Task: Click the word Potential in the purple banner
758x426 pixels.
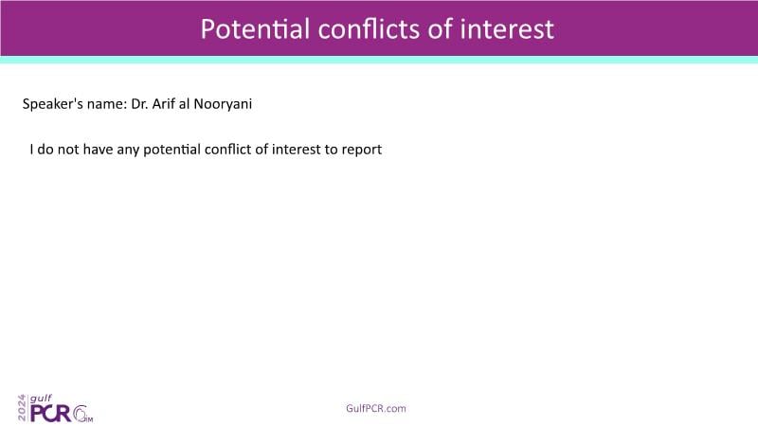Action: (255, 29)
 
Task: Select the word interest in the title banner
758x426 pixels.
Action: (507, 29)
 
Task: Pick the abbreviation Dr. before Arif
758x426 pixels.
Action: (139, 104)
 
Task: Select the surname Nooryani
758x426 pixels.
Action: (223, 104)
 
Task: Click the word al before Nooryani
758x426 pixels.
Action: (184, 104)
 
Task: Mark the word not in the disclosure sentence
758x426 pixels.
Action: (68, 150)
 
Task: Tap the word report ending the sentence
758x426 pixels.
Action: (362, 151)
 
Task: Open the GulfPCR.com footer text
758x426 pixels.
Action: (376, 409)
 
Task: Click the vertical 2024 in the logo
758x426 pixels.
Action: (22, 408)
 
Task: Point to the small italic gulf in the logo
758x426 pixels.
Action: (41, 399)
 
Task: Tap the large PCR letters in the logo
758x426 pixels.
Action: (51, 414)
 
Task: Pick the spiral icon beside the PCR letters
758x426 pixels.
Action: (81, 414)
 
